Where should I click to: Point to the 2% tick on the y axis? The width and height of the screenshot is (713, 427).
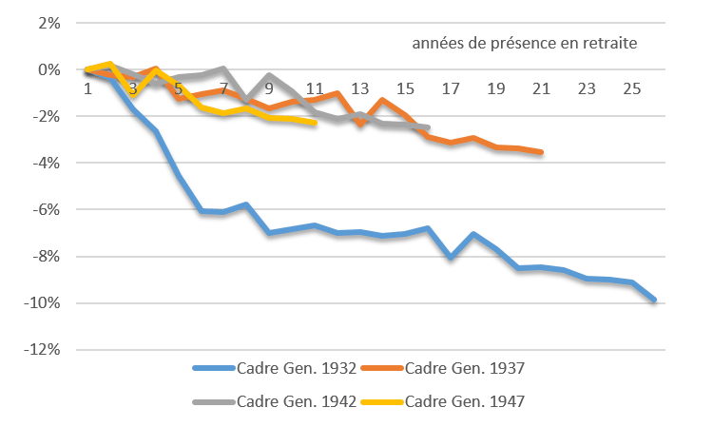(47, 23)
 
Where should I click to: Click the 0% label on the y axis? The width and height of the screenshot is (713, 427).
(47, 69)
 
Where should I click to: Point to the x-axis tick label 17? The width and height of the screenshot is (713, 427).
(452, 88)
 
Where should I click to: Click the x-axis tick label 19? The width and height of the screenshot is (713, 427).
(497, 88)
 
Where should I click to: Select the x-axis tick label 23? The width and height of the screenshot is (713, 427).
(588, 88)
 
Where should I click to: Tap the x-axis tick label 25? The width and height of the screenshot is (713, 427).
(633, 88)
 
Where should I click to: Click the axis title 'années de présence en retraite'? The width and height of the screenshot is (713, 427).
(526, 43)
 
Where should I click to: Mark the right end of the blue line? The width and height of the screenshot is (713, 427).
(655, 301)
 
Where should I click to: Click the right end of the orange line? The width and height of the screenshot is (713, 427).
(542, 152)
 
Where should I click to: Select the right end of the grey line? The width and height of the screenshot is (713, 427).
(428, 127)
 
